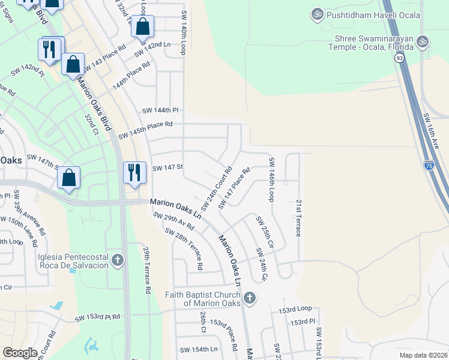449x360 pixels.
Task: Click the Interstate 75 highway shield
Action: (429, 164)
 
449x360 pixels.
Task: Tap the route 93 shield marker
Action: (399, 58)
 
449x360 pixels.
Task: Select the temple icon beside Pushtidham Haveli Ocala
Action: (316, 13)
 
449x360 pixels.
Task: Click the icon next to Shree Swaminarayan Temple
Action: (423, 41)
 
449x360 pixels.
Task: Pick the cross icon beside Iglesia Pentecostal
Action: (118, 260)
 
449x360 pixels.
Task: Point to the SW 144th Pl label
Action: (160, 110)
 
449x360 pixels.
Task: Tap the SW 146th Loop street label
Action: (271, 179)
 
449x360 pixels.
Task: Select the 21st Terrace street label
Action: (298, 218)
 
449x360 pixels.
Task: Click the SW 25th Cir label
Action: (265, 232)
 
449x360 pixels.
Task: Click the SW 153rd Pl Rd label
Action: (97, 317)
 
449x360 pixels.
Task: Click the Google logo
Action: (20, 353)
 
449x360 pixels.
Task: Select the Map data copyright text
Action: (424, 355)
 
